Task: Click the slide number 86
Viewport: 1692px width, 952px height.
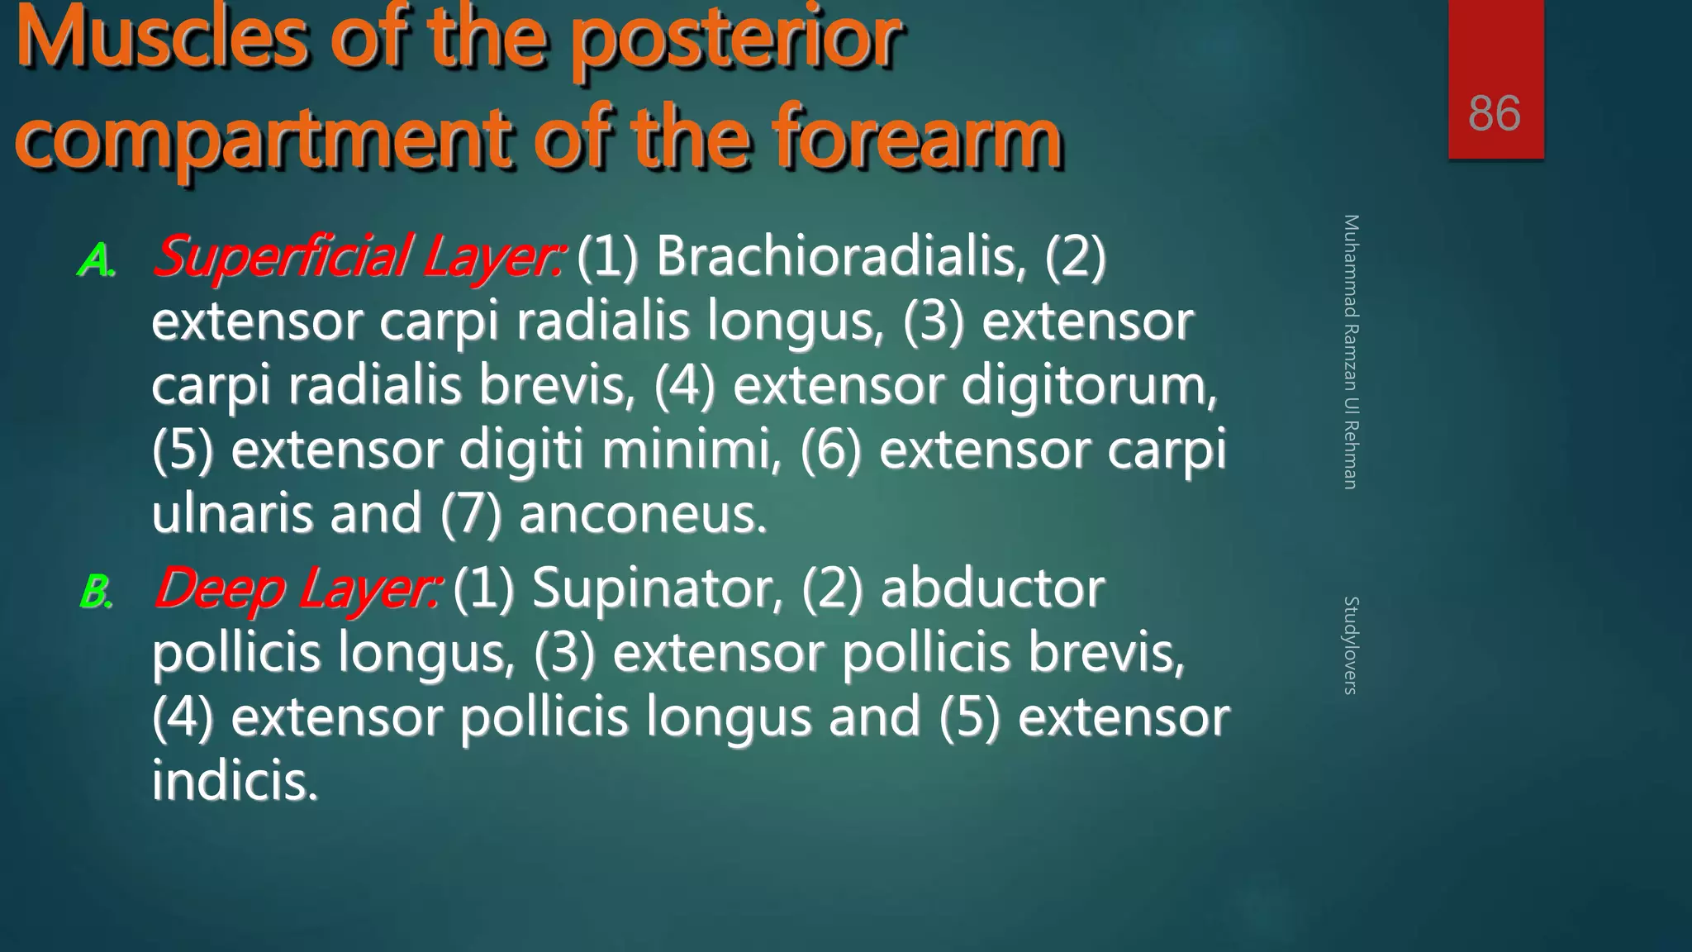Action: click(1494, 113)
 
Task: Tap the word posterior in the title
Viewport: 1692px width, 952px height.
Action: click(734, 40)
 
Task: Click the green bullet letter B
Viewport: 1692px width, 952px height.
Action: click(96, 593)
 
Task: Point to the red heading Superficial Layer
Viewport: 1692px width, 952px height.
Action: click(359, 257)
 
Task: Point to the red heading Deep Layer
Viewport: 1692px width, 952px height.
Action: click(296, 589)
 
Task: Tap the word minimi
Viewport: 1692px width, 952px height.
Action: click(691, 450)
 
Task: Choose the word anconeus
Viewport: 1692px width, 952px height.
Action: click(643, 514)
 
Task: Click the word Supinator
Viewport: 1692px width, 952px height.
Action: click(657, 589)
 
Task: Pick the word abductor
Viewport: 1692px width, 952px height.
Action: click(992, 589)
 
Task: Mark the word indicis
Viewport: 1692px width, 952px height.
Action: click(235, 781)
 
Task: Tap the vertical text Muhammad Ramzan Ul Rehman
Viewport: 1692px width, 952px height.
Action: click(1351, 351)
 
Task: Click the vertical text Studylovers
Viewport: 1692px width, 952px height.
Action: click(1351, 645)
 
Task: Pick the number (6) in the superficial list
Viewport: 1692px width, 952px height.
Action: click(830, 450)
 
